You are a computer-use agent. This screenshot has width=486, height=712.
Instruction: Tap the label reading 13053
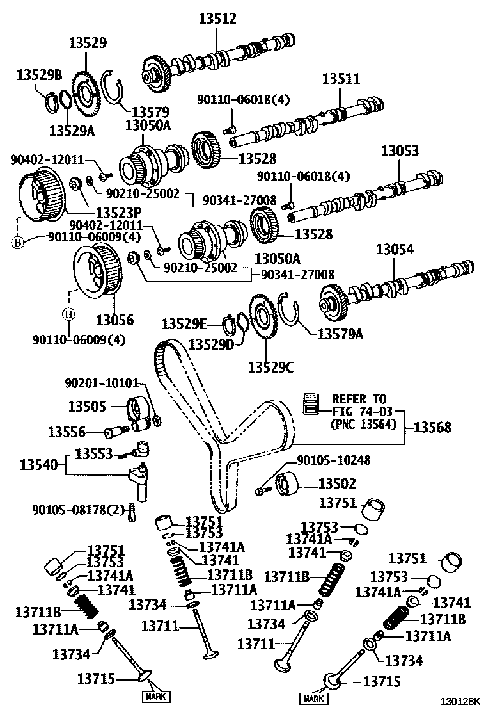point(400,151)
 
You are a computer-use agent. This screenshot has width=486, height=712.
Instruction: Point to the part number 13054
point(395,250)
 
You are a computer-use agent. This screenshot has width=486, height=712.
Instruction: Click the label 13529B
point(39,75)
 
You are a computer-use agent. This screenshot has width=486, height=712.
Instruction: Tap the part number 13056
point(114,319)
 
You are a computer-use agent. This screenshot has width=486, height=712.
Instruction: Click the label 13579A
point(340,333)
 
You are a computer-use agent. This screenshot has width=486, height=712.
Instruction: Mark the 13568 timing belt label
point(432,427)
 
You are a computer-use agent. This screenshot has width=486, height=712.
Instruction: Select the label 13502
point(336,483)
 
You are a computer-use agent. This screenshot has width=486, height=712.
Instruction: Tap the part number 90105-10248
point(333,460)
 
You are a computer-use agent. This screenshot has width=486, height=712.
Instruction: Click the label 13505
point(87,405)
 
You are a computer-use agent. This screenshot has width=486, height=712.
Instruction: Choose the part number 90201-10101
point(101,383)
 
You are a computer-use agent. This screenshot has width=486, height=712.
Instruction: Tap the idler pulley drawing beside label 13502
point(288,483)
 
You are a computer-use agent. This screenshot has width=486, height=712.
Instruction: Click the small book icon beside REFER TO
point(311,401)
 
